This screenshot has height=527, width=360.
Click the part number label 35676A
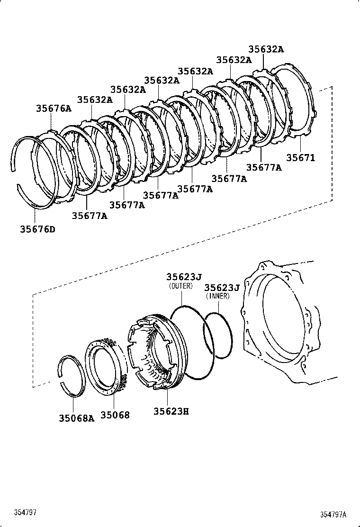coord(54,109)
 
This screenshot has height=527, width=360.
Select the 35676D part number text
coord(37,229)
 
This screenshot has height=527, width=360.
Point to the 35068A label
coord(76,418)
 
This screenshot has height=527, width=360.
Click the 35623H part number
coord(171,411)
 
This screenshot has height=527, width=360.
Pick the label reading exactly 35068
coord(115,415)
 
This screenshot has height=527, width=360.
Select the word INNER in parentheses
coord(217,296)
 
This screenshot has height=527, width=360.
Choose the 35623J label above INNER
coord(221,287)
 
